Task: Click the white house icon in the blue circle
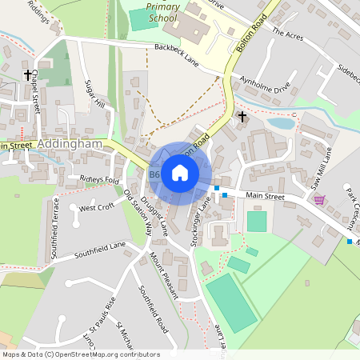point(180,172)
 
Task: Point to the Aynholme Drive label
point(265,84)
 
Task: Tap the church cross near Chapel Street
point(28,76)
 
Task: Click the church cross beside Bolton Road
point(242,117)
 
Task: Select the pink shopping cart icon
point(319,199)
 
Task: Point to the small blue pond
point(280,124)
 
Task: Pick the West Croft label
point(97,207)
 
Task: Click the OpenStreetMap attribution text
point(81,354)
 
